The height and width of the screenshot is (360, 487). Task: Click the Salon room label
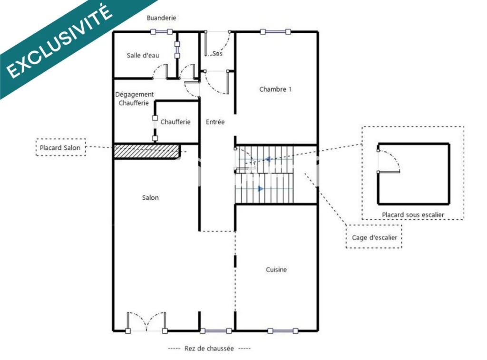(150, 197)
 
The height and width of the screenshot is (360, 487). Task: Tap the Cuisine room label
(276, 270)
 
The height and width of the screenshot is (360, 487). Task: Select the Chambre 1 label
(275, 89)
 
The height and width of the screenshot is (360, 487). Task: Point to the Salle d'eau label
(143, 56)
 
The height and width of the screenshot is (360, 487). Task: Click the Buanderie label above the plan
(162, 18)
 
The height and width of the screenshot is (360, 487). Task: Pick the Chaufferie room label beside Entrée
(175, 122)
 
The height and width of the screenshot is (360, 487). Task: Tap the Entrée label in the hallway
(215, 122)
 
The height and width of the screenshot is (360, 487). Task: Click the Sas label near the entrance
(217, 53)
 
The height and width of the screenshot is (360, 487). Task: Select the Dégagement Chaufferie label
(134, 98)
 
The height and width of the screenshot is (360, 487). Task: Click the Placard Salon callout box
(60, 147)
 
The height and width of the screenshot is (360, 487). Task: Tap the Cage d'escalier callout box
(374, 237)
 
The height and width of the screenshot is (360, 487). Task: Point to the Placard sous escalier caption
(413, 214)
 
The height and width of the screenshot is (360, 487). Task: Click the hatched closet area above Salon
(147, 151)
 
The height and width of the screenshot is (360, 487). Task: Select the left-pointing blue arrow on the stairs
(267, 159)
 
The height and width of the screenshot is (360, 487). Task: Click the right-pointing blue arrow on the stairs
(261, 188)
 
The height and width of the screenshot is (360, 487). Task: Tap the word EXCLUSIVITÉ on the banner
(59, 42)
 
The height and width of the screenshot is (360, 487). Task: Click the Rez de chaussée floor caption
(209, 349)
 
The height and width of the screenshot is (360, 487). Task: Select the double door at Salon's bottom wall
(146, 322)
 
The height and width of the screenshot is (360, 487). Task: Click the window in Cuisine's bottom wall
(283, 331)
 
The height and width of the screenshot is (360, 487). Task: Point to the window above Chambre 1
(275, 31)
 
